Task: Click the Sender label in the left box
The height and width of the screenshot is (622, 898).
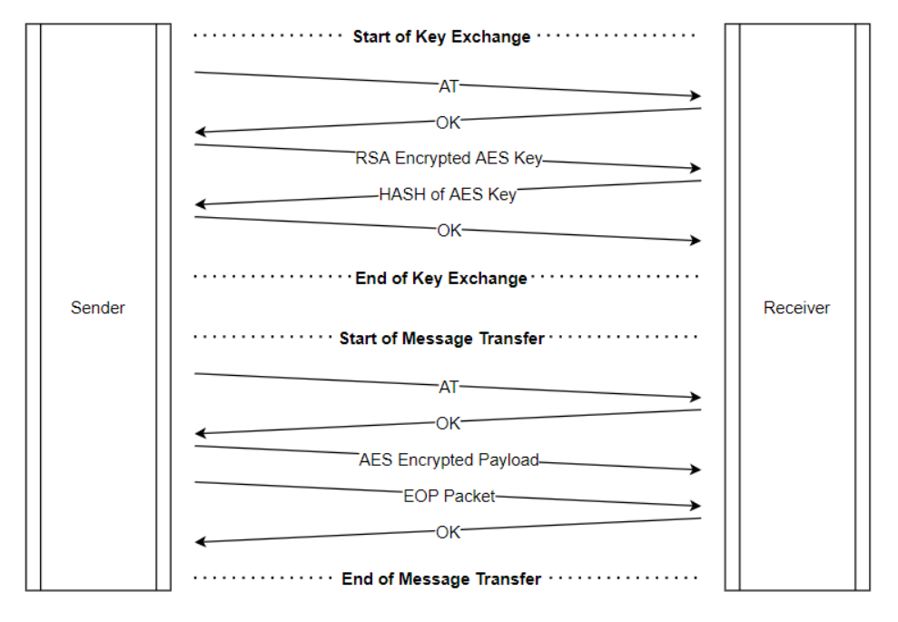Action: coord(98,308)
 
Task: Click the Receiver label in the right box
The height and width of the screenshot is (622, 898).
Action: coord(796,308)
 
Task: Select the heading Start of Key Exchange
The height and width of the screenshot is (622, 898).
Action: coord(441,37)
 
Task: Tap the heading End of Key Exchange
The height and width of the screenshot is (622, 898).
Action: coord(441,278)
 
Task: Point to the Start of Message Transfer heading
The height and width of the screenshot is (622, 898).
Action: coord(441,339)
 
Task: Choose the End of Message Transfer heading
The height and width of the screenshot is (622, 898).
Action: coord(441,579)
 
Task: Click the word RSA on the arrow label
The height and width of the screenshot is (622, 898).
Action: coord(371,158)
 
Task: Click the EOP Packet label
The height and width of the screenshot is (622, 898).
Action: coord(449,497)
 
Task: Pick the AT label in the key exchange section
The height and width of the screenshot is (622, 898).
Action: coord(449,86)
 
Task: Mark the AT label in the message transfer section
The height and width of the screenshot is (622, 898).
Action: coord(449,387)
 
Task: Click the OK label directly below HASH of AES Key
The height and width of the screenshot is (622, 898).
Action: coord(449,231)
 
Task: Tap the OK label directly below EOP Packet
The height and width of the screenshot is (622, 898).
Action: coord(449,533)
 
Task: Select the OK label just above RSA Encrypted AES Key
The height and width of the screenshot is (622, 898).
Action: coord(449,123)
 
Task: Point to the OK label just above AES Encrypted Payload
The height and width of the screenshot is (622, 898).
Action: coord(449,423)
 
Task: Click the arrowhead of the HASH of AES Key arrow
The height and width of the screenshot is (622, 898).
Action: coord(201,205)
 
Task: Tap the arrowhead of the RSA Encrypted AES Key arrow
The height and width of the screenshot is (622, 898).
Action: coord(696,168)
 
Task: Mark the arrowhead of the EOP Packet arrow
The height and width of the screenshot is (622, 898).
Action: coord(696,506)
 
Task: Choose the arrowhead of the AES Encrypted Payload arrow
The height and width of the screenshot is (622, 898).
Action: coord(696,469)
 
